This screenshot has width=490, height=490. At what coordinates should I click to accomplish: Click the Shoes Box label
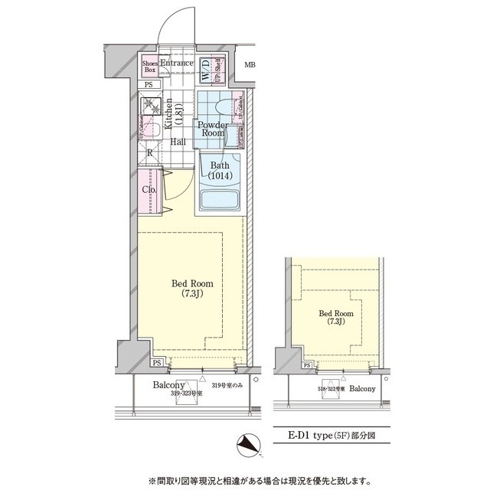pos(151,67)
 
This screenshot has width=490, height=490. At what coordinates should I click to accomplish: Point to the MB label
pos(250,64)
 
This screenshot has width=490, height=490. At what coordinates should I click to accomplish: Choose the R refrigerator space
pos(150,152)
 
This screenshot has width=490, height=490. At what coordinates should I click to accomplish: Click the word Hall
pos(178,142)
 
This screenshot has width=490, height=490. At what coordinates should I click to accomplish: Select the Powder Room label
pos(211,129)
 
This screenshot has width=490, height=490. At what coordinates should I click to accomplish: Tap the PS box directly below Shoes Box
pos(149,85)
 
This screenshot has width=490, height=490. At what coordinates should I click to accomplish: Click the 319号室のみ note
pos(227,385)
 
